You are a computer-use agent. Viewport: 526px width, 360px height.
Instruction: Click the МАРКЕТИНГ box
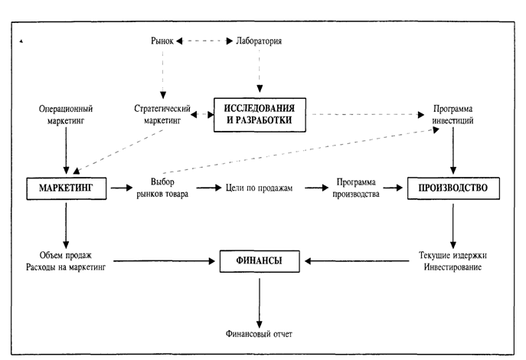pos(65,186)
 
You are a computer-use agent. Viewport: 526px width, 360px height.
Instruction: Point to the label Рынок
pos(162,41)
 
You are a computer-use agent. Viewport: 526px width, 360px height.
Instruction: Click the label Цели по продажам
pos(259,186)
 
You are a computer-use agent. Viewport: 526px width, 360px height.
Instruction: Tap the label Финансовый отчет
pos(259,334)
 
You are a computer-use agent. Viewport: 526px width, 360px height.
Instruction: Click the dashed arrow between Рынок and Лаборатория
pos(202,41)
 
